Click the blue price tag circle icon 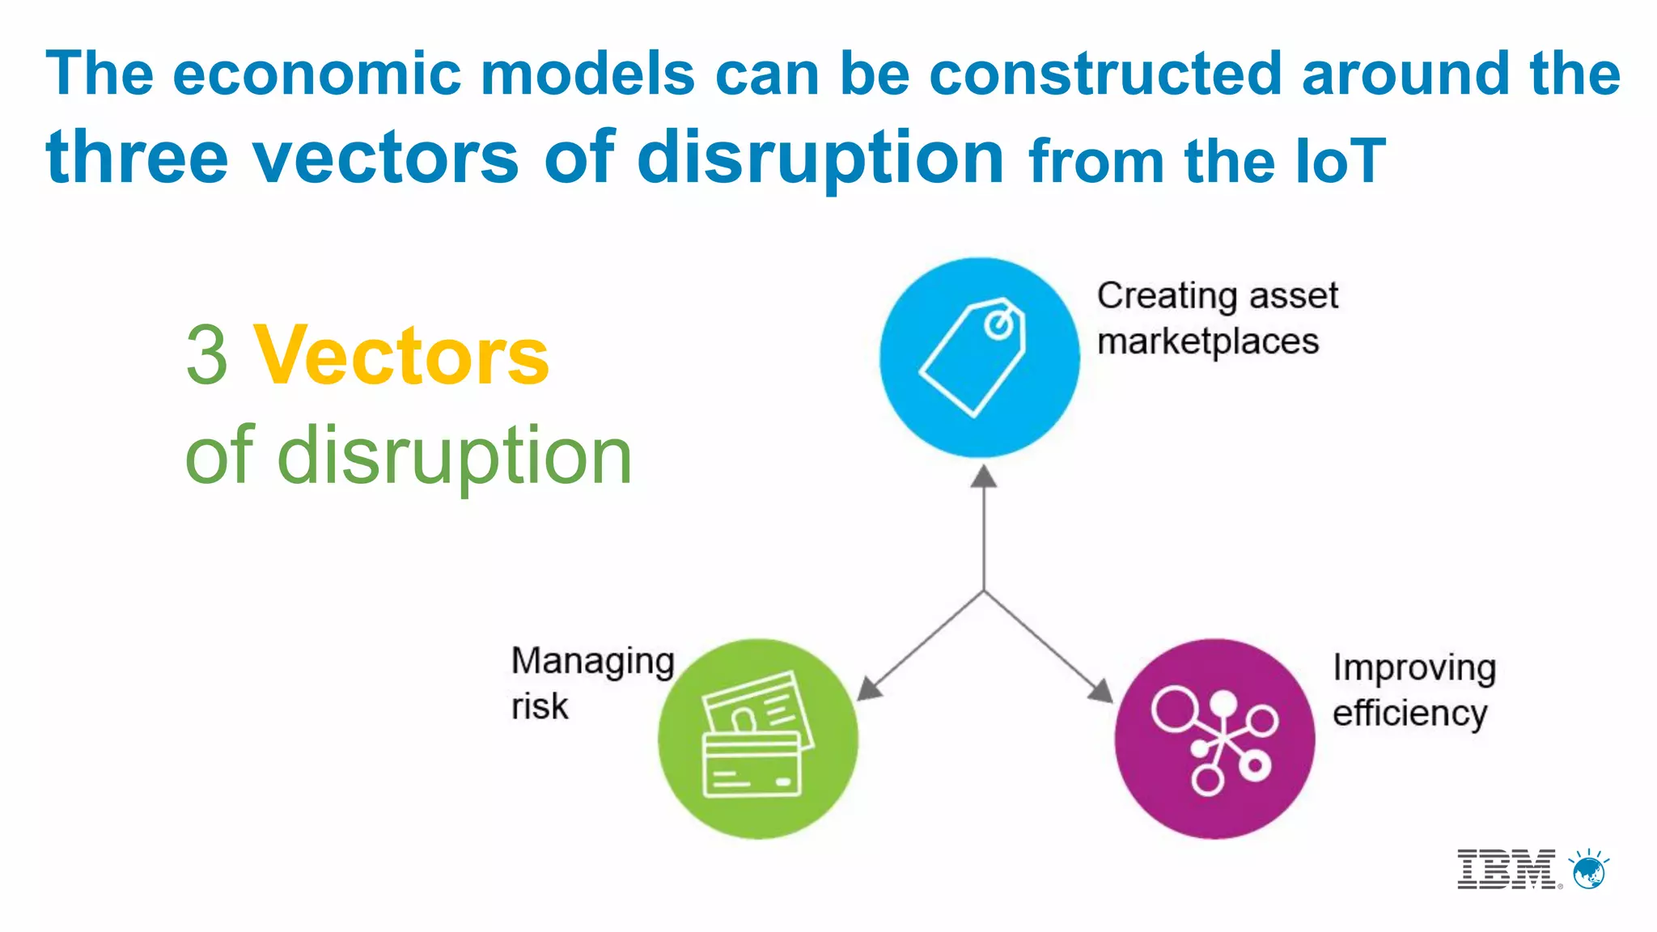click(x=979, y=358)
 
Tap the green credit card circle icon click(x=757, y=739)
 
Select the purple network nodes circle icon click(x=1214, y=739)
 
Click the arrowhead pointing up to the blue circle click(x=983, y=477)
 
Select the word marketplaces click(x=1207, y=342)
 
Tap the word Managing click(x=592, y=662)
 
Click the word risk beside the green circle click(x=539, y=707)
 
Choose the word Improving click(x=1413, y=669)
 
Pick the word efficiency click(x=1409, y=714)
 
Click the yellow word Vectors click(x=401, y=357)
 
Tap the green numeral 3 click(x=207, y=357)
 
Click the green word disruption click(x=453, y=457)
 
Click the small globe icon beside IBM click(x=1589, y=872)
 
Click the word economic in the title click(x=316, y=74)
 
